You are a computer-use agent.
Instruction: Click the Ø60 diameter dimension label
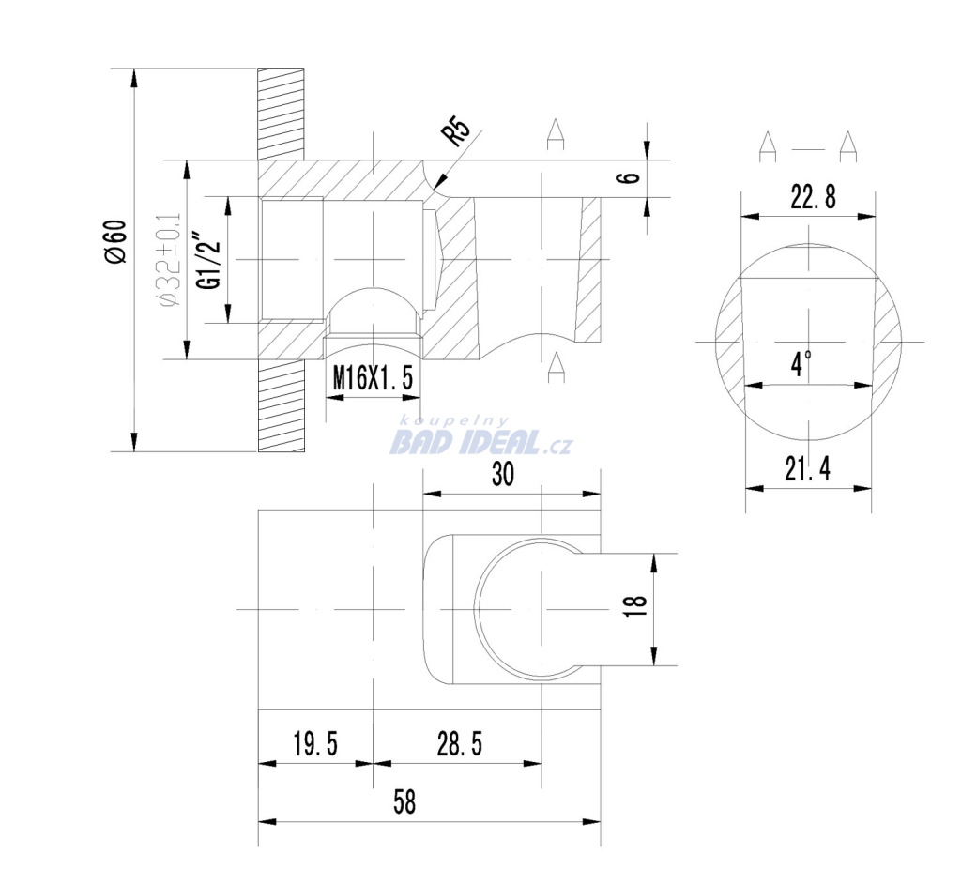(x=116, y=242)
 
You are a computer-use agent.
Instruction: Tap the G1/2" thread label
(x=207, y=261)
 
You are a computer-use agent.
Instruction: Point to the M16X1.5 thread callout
(x=373, y=377)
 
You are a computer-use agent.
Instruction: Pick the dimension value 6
(x=630, y=177)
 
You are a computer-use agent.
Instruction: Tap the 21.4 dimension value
(x=807, y=469)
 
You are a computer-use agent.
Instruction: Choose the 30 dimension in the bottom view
(x=503, y=474)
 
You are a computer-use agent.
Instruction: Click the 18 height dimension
(x=635, y=606)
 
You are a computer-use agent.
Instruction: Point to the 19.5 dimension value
(x=315, y=744)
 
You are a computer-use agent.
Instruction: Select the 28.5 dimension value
(x=460, y=744)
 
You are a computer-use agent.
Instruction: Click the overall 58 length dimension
(x=404, y=801)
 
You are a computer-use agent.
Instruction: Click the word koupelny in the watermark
(x=454, y=421)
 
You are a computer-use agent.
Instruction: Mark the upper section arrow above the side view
(x=556, y=134)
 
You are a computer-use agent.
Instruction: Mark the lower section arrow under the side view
(x=556, y=367)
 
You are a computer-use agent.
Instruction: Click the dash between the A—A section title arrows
(x=808, y=148)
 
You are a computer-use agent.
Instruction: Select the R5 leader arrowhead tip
(x=433, y=189)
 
